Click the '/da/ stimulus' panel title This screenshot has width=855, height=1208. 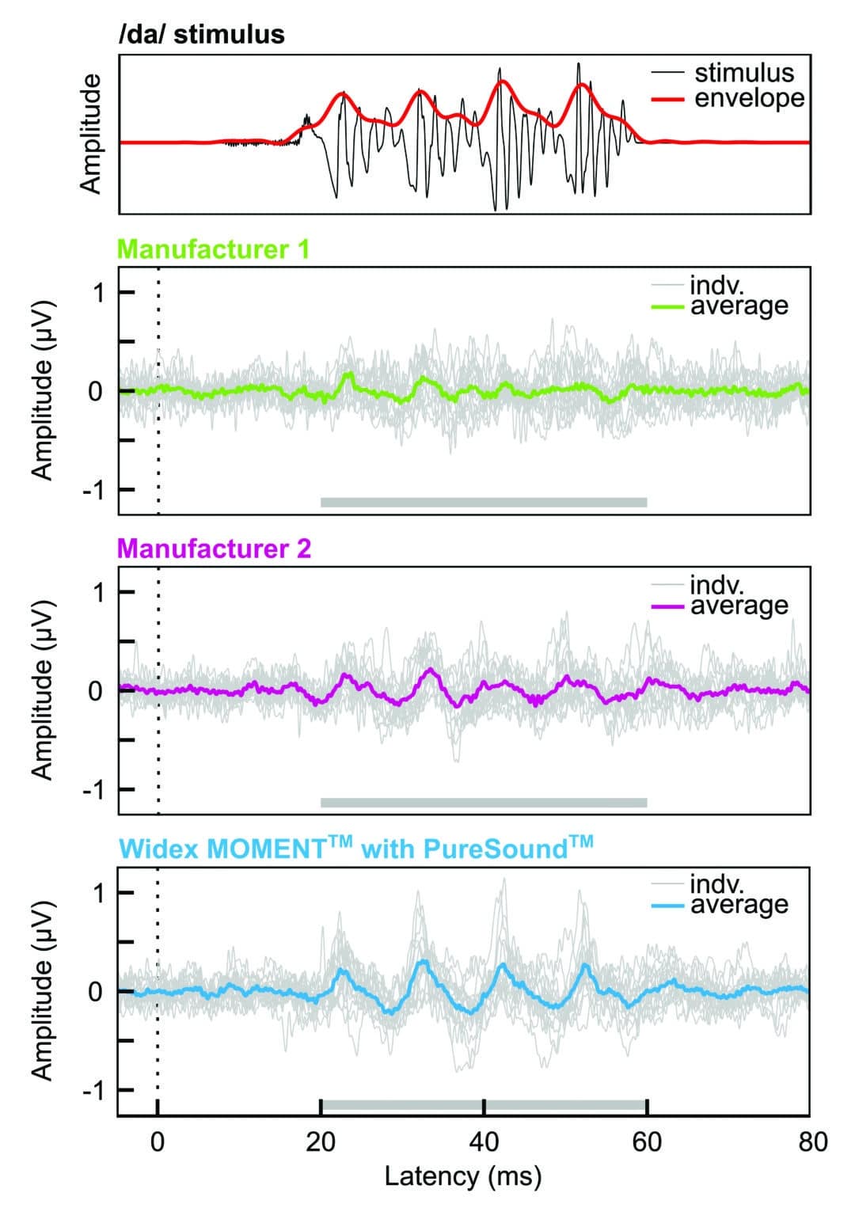(201, 35)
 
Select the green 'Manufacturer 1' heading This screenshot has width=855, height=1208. (213, 249)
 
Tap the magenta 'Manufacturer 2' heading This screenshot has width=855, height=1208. (214, 549)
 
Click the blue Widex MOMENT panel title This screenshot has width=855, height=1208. (355, 849)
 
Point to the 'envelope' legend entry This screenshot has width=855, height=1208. (749, 98)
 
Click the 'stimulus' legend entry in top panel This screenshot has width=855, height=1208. (743, 73)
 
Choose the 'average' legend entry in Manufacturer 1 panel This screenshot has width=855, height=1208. (739, 306)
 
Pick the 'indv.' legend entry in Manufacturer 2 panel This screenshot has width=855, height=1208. (716, 585)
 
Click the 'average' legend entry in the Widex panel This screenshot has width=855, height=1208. (739, 904)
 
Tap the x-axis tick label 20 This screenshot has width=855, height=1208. (321, 1142)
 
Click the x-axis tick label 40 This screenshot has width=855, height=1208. (484, 1142)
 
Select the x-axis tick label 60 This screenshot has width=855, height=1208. (647, 1142)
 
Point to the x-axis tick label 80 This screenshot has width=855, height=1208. (810, 1142)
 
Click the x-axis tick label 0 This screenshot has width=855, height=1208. (158, 1142)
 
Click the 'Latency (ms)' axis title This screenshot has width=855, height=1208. (463, 1176)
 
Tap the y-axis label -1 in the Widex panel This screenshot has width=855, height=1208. (95, 1090)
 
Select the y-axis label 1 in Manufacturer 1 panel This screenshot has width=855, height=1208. (98, 293)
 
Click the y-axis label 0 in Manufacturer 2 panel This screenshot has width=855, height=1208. (96, 691)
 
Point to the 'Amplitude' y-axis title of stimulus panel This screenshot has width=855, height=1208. (92, 134)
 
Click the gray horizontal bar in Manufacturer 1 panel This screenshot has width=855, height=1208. (484, 502)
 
